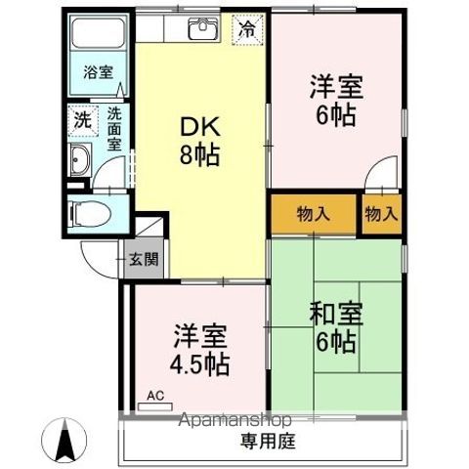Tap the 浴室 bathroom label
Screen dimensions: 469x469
coord(97,72)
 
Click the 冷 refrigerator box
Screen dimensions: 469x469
coord(247,30)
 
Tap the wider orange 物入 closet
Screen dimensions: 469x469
coord(313,215)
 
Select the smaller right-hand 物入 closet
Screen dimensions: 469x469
coord(382,215)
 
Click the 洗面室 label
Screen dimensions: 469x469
coord(115,128)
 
